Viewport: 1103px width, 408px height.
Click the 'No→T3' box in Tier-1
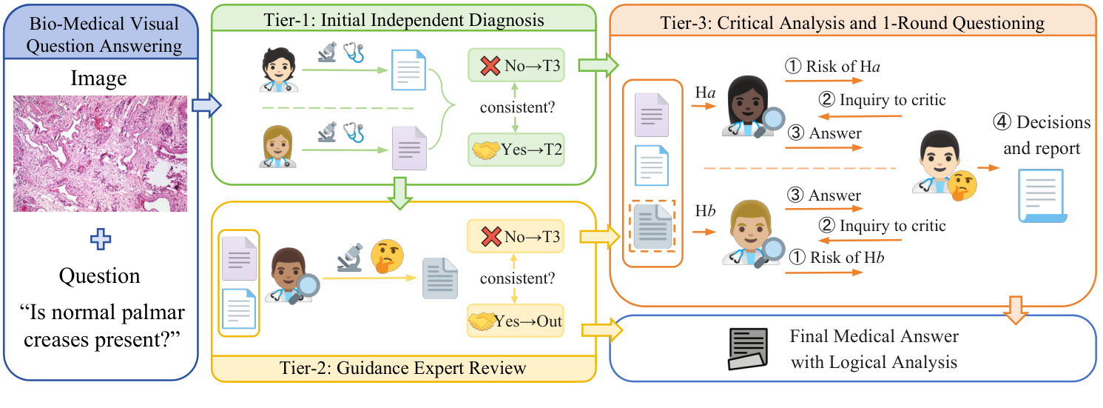coord(516,65)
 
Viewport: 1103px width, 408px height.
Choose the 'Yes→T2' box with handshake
coord(516,149)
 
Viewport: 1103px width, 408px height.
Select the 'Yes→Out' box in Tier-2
coord(516,321)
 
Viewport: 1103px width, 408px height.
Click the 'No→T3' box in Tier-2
coord(516,237)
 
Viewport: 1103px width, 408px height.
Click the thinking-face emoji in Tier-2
coord(384,255)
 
